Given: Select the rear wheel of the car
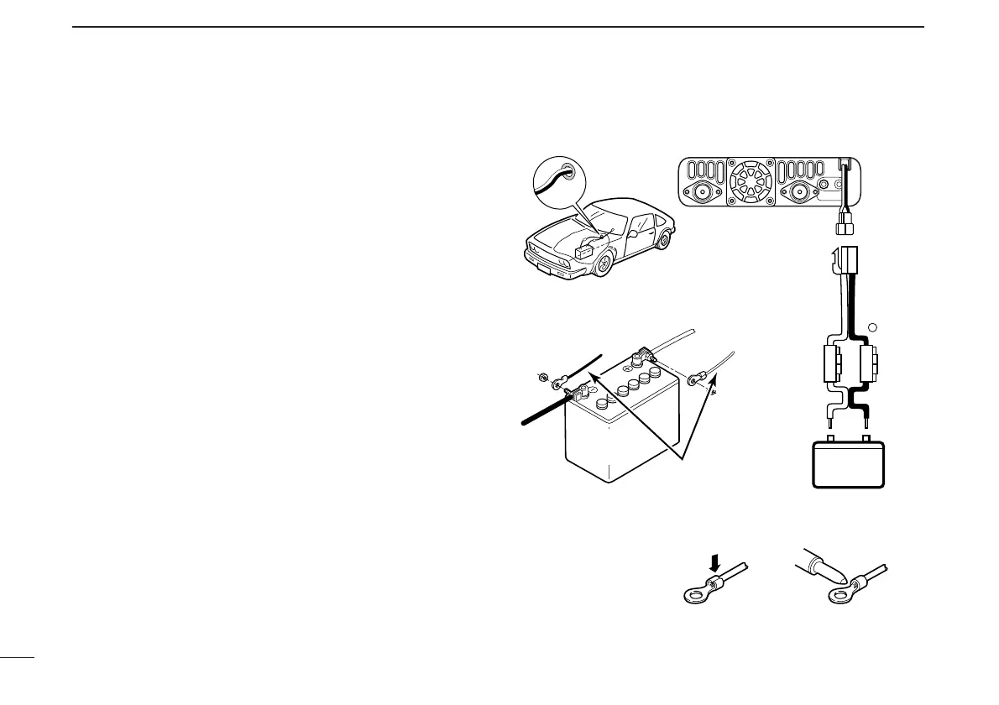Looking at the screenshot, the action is point(665,239).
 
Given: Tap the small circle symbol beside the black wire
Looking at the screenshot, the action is point(872,328).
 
